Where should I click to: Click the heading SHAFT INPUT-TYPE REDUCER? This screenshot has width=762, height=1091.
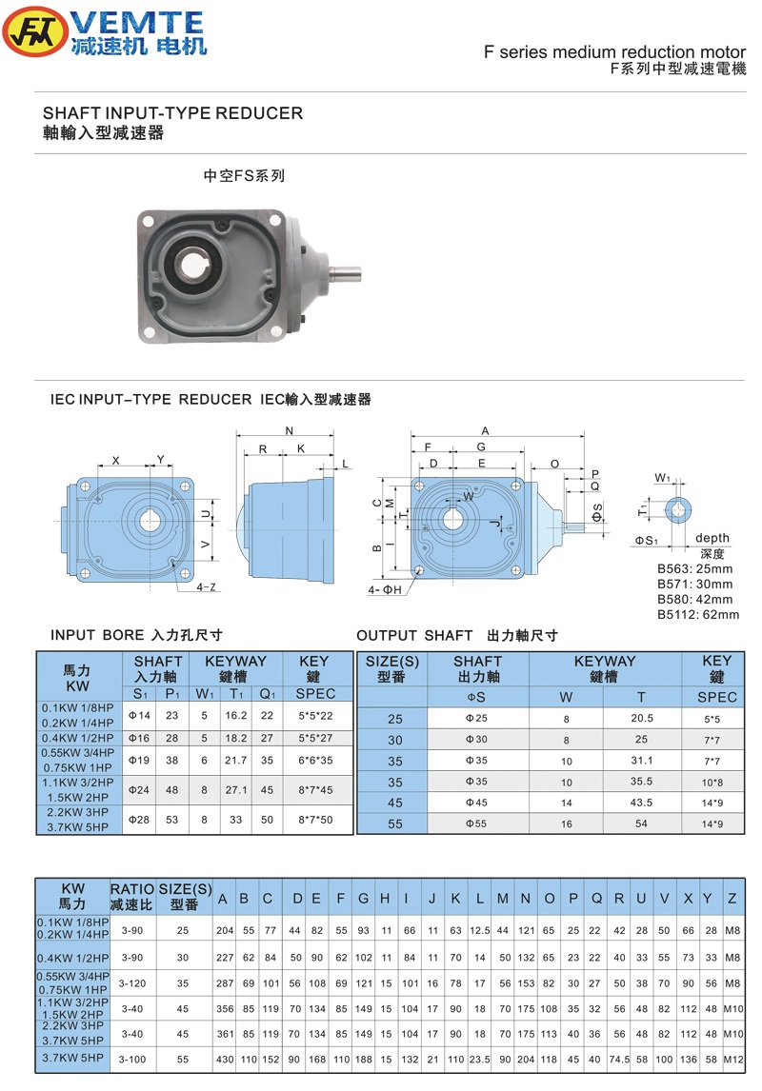tap(172, 113)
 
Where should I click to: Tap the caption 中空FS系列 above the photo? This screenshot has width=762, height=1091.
tap(245, 176)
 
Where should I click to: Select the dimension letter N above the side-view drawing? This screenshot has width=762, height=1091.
tap(290, 429)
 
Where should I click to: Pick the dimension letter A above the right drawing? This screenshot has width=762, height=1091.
tap(485, 429)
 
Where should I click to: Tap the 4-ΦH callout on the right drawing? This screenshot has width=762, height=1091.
tap(385, 590)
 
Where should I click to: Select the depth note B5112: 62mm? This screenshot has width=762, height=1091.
tap(698, 614)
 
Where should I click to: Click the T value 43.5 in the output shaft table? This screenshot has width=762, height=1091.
tap(641, 803)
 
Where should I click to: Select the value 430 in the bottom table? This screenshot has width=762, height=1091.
tap(225, 1059)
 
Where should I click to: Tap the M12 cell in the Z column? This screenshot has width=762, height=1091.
tap(732, 1059)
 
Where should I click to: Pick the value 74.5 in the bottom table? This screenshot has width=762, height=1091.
tap(620, 1059)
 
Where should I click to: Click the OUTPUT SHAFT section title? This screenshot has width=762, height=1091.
tap(456, 635)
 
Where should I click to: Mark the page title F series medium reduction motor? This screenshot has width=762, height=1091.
tap(615, 52)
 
